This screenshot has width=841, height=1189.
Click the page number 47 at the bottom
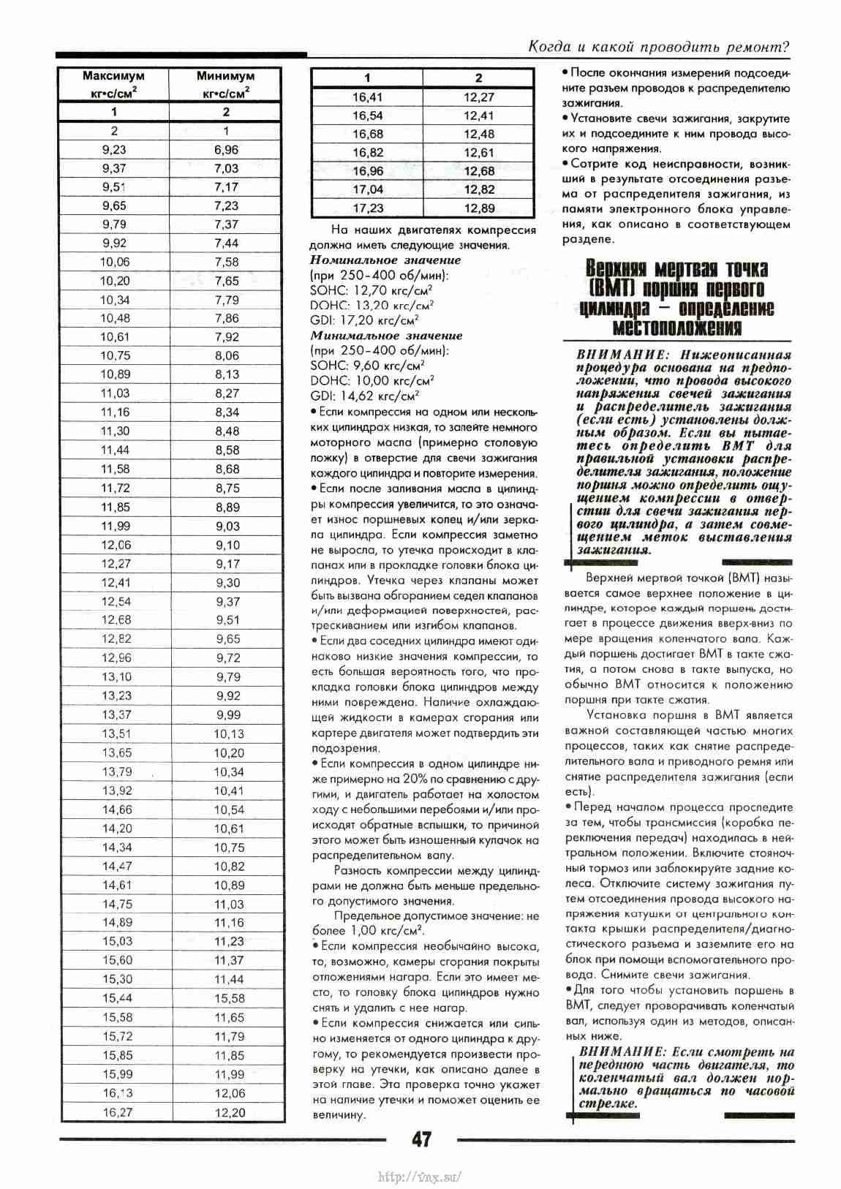(421, 1139)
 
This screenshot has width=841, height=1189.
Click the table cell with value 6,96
(227, 150)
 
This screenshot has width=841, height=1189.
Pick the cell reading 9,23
(114, 150)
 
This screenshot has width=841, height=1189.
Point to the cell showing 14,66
(117, 809)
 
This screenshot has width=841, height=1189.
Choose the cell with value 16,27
(118, 1112)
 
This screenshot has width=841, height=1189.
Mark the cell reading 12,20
(230, 1112)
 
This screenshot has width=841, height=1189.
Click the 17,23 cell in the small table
(368, 208)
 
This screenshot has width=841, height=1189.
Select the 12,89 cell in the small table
(479, 208)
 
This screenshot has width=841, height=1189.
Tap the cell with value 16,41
(367, 97)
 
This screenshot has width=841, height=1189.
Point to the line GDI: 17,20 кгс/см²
(364, 320)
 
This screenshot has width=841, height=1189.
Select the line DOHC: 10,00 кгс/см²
(372, 381)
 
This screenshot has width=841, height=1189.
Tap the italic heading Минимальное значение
(386, 336)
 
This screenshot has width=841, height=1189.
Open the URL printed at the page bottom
(420, 1177)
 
